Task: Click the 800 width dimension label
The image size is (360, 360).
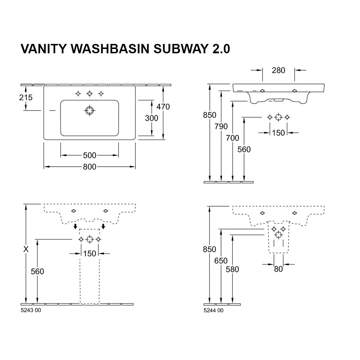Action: click(90, 167)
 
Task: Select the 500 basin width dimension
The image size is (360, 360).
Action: click(90, 156)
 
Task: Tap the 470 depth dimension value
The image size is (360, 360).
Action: click(163, 107)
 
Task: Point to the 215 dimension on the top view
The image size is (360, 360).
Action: click(26, 97)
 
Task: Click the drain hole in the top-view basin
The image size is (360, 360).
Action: click(89, 111)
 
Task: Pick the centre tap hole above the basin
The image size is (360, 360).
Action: click(89, 94)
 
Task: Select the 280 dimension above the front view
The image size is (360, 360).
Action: click(278, 70)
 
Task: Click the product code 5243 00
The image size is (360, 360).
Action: click(31, 311)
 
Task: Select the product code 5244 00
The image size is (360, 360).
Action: click(213, 311)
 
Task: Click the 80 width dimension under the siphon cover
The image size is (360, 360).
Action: click(278, 269)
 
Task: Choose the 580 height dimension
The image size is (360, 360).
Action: click(233, 269)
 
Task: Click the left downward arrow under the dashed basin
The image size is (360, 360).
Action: click(75, 226)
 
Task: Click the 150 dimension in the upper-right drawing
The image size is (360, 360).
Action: click(278, 133)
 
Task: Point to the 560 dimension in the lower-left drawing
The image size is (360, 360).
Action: click(37, 271)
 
